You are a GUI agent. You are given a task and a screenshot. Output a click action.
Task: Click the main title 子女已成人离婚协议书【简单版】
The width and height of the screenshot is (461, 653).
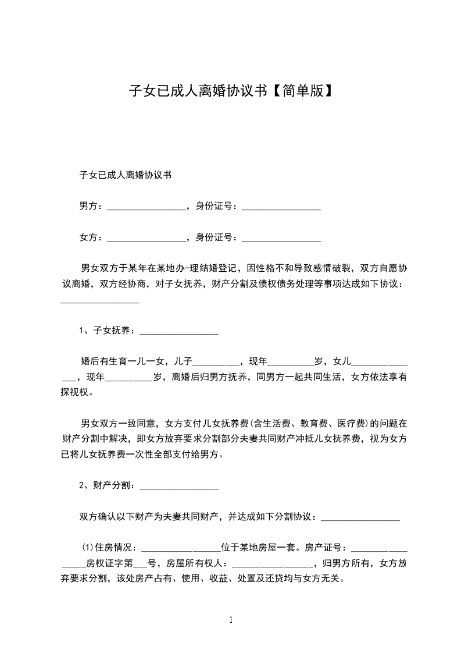(x=230, y=90)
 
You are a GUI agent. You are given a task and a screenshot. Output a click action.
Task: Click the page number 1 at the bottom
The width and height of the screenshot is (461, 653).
(x=231, y=620)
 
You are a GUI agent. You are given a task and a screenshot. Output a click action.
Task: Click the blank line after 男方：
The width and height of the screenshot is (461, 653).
(x=146, y=206)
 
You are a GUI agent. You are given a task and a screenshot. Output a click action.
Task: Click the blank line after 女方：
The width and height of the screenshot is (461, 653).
(x=146, y=237)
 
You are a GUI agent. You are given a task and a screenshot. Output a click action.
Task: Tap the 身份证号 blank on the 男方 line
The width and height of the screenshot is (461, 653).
(x=281, y=206)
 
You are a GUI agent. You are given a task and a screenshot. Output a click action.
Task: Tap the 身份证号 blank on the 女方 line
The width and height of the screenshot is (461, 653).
(x=281, y=237)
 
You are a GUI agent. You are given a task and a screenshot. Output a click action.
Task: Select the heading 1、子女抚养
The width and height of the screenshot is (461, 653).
(x=107, y=331)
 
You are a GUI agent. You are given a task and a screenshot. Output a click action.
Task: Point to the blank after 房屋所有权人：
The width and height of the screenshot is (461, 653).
(x=272, y=564)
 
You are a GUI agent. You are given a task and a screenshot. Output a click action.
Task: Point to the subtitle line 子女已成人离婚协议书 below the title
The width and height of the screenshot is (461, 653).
(x=125, y=174)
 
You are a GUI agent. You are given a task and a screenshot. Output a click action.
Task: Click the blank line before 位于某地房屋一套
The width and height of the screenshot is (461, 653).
(x=181, y=549)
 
